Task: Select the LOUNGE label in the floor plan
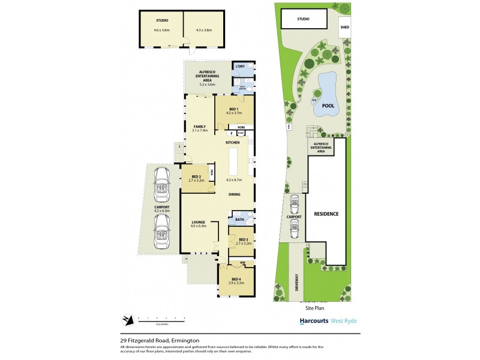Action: pos(199,222)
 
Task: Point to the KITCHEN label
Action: pos(233,143)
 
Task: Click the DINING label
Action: pos(234,194)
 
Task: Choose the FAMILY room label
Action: pos(199,126)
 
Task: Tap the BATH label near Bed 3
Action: pos(239,220)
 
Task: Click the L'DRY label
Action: pos(240,66)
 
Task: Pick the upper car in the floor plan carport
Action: pos(161,186)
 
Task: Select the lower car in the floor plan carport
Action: pos(161,232)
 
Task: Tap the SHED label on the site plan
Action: pos(344,27)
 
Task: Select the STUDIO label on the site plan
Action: pos(304,19)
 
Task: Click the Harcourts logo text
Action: pos(313,321)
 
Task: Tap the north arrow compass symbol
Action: pos(127,319)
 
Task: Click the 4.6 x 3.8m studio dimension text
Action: pos(161,30)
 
